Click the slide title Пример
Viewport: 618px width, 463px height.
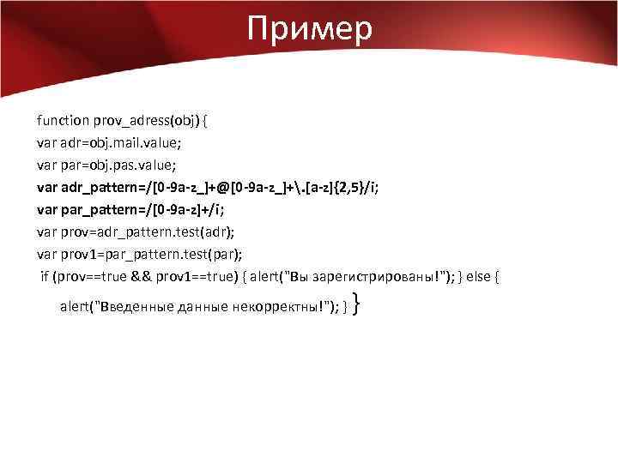[309, 29]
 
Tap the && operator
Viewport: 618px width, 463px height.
[142, 276]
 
